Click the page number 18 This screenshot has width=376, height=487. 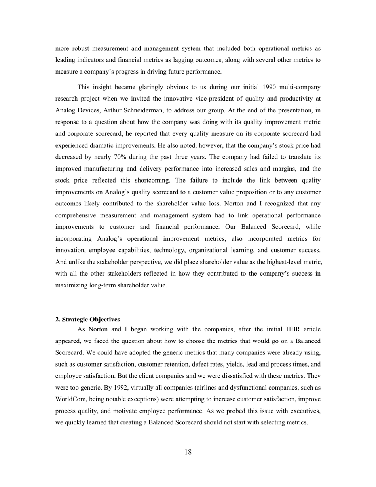[188, 452]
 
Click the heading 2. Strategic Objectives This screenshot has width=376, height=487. [87, 319]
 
